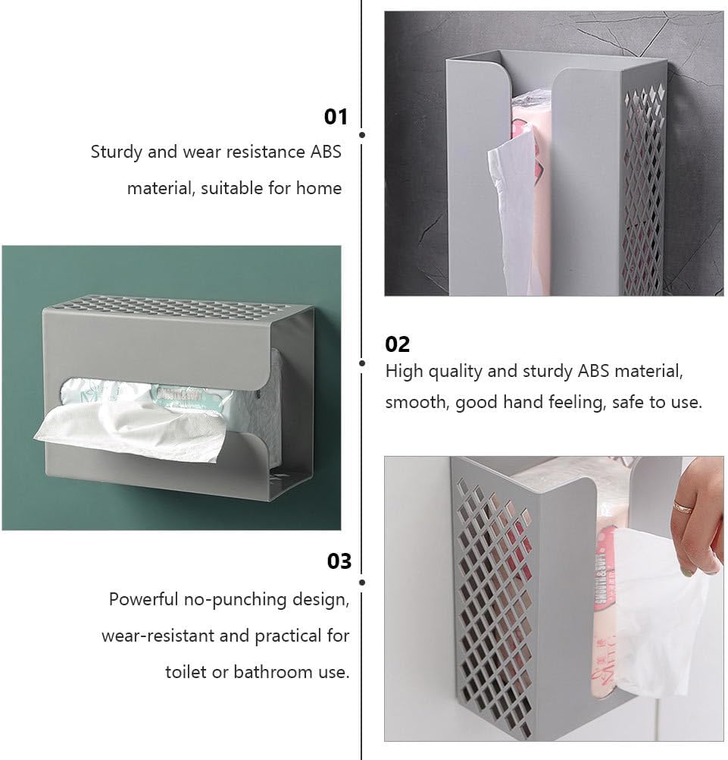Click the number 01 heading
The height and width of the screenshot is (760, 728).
click(x=336, y=117)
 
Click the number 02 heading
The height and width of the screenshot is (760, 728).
click(x=398, y=344)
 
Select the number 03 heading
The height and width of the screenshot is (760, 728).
click(x=339, y=561)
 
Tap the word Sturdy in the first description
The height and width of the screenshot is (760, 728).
click(x=116, y=152)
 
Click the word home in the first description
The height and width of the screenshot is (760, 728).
click(x=319, y=187)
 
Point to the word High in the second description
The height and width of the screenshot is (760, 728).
click(x=405, y=372)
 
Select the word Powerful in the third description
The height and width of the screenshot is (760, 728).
click(x=143, y=599)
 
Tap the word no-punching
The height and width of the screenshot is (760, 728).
click(x=236, y=600)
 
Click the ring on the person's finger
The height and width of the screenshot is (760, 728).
click(x=683, y=507)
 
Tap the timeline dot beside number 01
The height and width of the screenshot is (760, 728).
click(x=362, y=135)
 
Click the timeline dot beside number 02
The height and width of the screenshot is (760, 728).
click(x=362, y=363)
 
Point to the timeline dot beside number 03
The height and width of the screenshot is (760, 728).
click(x=362, y=582)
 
